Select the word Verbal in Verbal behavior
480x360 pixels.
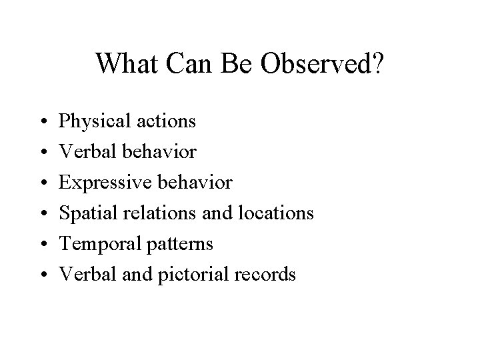[x=83, y=152]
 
